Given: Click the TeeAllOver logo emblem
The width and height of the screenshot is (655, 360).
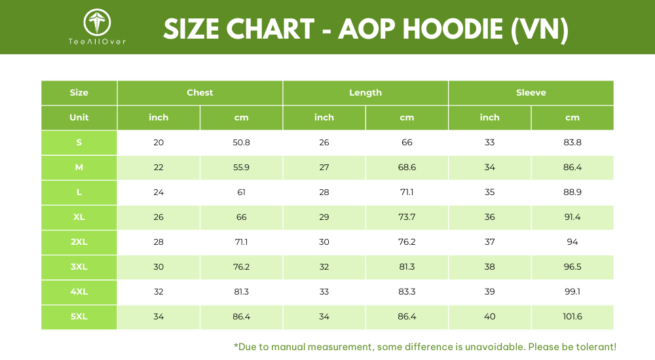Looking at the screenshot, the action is click(97, 22).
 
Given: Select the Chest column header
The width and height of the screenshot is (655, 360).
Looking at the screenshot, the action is click(200, 93).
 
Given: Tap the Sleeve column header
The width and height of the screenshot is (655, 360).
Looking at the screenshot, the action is click(531, 93).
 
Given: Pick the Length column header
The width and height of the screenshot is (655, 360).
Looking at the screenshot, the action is click(365, 93).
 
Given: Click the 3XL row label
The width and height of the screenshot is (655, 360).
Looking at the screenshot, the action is click(79, 267).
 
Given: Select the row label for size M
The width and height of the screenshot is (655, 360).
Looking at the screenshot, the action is click(79, 168).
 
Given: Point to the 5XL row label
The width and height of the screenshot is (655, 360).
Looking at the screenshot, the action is click(79, 317).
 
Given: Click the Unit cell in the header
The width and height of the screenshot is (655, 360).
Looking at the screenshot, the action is click(79, 117).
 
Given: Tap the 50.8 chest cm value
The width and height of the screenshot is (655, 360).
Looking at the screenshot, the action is click(242, 143).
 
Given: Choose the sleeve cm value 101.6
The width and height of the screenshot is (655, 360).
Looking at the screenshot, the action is click(572, 317).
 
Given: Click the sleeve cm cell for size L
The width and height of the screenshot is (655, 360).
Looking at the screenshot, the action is click(572, 192).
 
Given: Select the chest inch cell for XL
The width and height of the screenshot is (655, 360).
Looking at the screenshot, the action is click(159, 217).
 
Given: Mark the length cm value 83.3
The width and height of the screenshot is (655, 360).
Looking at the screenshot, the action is click(407, 291).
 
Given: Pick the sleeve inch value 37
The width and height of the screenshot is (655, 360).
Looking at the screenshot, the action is click(489, 242).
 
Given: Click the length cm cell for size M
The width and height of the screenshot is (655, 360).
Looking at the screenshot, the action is click(407, 168).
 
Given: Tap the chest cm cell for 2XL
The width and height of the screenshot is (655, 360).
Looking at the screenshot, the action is click(242, 242).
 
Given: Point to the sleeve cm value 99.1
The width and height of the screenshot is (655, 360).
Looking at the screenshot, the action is click(572, 291).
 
